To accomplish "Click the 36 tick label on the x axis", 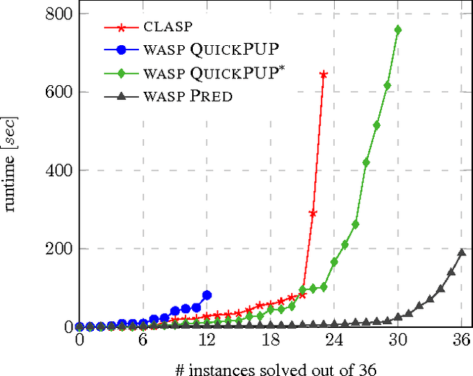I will (x=462, y=341).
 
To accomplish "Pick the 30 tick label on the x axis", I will (x=398, y=341).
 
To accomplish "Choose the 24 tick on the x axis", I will (x=334, y=341).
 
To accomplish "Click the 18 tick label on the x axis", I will (x=270, y=341).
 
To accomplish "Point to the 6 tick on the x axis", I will (x=143, y=341).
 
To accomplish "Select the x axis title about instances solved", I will (x=270, y=366).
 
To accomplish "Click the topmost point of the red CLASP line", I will (x=324, y=74).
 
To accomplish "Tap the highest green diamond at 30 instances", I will (x=398, y=30).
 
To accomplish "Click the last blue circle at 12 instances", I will (x=207, y=295).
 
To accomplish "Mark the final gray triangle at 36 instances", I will (x=462, y=252).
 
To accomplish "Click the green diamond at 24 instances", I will (x=334, y=262).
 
